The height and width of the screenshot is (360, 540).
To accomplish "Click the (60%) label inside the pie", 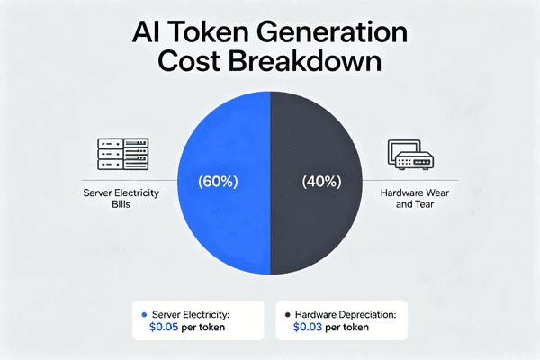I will click(218, 181).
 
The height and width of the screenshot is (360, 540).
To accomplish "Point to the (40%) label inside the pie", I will click(321, 181).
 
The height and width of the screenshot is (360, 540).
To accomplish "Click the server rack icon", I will click(121, 155).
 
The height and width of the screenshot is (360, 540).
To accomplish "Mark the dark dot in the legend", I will click(286, 314).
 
